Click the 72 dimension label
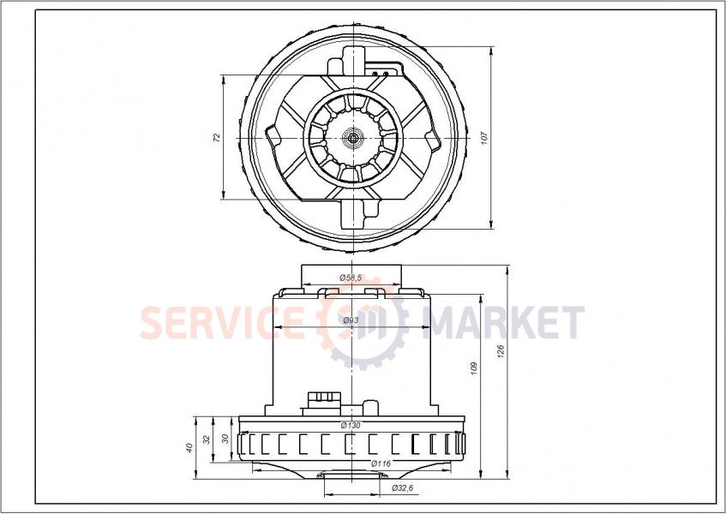pos(217,137)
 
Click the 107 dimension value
pos(483,137)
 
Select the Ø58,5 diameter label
pos(351,278)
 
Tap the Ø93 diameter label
pos(351,320)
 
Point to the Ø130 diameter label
pos(351,425)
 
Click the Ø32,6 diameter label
pos(403,487)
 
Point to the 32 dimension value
pos(207,439)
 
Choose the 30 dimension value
pos(225,438)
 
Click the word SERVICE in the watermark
pos(220,323)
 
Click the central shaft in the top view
pos(353,137)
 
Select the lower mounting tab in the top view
pos(352,213)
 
